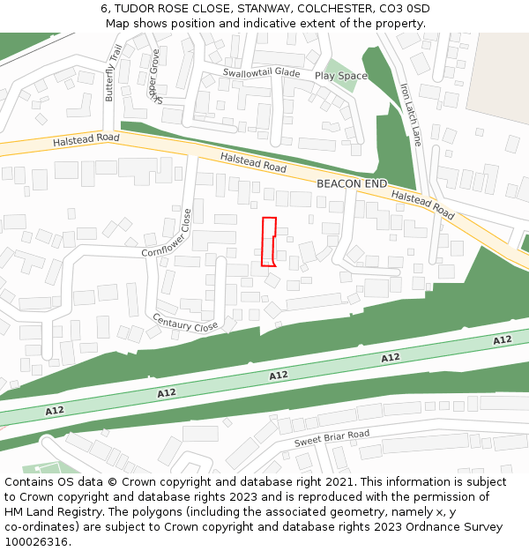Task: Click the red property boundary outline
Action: click(270, 241)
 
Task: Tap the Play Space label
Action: click(341, 77)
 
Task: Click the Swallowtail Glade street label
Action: click(262, 72)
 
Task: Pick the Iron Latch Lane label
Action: click(411, 115)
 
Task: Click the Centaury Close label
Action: click(185, 324)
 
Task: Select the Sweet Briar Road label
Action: click(332, 437)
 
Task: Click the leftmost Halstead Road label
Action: click(86, 139)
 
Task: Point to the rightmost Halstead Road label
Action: click(422, 205)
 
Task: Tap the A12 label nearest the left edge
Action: click(55, 411)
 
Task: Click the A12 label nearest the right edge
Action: click(502, 340)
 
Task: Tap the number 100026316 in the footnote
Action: click(37, 541)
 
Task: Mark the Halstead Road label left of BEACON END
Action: click(253, 161)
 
